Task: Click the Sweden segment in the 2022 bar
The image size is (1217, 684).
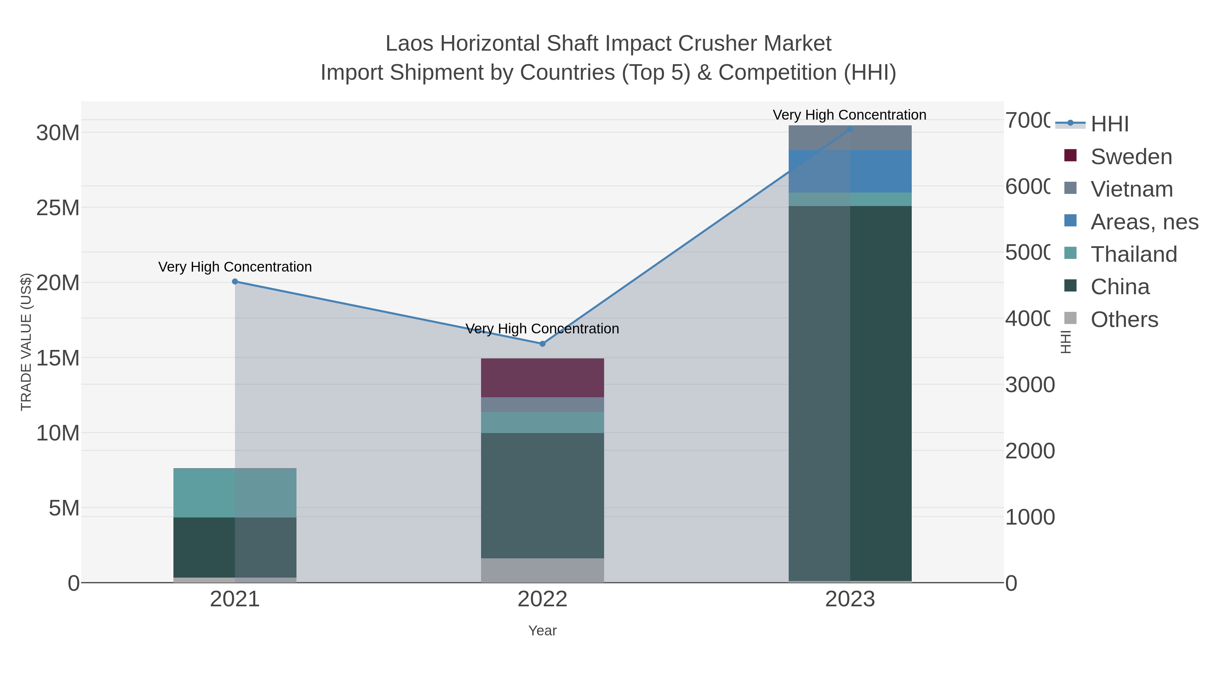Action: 542,378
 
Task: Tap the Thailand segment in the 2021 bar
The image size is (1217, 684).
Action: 235,492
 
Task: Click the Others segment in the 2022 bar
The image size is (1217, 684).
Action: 542,570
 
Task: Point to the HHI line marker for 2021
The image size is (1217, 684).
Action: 235,282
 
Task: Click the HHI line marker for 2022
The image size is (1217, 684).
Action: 542,344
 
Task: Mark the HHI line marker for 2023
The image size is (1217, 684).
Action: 850,129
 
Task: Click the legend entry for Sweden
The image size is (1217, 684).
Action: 1131,156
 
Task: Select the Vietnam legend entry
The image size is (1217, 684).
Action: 1131,189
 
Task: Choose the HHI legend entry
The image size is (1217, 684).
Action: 1109,124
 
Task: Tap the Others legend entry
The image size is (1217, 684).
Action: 1124,320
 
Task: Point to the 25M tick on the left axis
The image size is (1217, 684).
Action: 57,208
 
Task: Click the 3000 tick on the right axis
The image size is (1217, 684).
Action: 1029,385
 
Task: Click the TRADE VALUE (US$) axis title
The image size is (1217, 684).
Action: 26,342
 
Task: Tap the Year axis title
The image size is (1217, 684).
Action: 542,631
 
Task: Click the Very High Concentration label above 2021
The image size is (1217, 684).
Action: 235,267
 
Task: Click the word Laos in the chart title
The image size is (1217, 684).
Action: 409,44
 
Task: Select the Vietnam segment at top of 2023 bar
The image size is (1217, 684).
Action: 850,137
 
